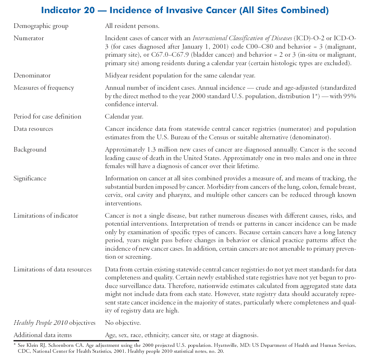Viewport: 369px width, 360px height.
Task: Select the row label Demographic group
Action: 41,26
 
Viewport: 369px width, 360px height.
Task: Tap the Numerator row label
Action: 29,39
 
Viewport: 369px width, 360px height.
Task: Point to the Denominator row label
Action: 32,75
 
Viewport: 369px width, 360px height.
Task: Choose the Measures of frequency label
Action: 44,88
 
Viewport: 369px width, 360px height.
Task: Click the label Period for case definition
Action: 47,116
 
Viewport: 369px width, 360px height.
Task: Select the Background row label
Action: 30,150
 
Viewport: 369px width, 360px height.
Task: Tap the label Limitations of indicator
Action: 46,216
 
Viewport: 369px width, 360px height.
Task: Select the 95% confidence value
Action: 349,96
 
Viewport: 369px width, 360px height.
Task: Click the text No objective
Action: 123,323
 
